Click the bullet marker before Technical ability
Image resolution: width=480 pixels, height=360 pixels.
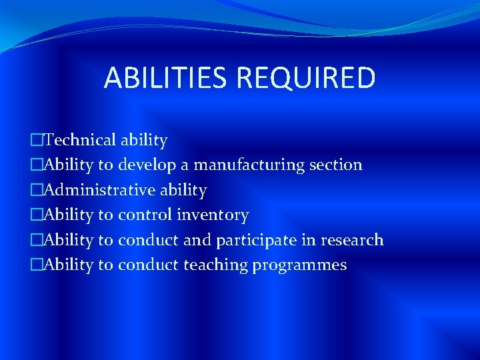pos(36,140)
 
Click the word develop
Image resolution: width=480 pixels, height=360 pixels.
pos(148,165)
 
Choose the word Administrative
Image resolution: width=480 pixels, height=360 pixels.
pos(91,190)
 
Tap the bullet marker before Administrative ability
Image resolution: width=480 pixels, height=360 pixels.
pos(36,190)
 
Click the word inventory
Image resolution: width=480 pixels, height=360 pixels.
pos(213,215)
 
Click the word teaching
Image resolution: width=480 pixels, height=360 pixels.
pos(215,265)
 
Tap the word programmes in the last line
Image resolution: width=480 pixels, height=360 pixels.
pos(300,265)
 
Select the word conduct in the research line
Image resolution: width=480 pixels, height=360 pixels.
pos(148,240)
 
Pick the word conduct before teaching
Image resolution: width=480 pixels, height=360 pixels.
pos(148,265)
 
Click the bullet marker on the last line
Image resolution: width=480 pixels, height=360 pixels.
pos(36,265)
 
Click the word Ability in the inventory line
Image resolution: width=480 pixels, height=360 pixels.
pos(68,215)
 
